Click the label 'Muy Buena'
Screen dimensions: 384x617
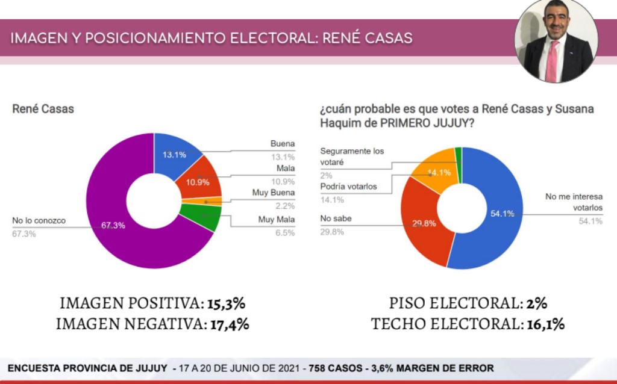[x=274, y=193]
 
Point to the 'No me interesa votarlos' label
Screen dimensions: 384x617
[x=574, y=202]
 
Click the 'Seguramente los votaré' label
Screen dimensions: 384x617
[x=352, y=156]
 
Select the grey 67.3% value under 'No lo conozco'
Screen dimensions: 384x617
[x=24, y=234]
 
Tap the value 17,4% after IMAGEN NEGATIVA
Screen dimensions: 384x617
[x=230, y=324]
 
